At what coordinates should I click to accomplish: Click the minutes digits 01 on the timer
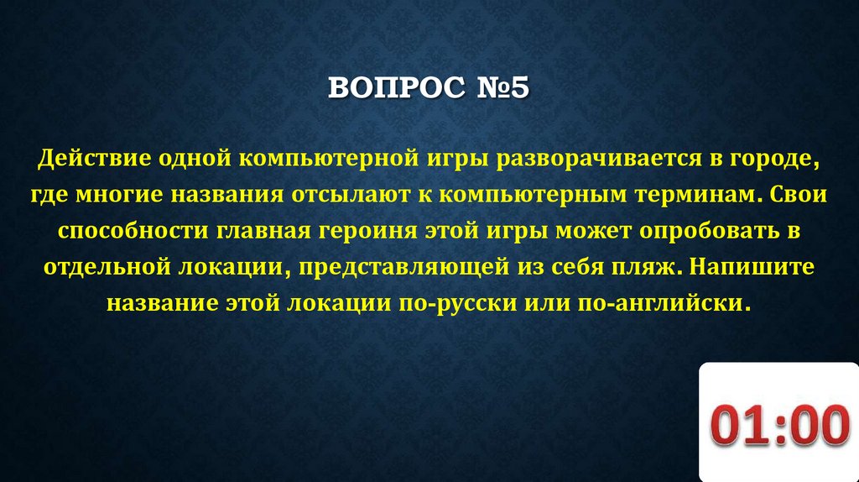(x=742, y=427)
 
